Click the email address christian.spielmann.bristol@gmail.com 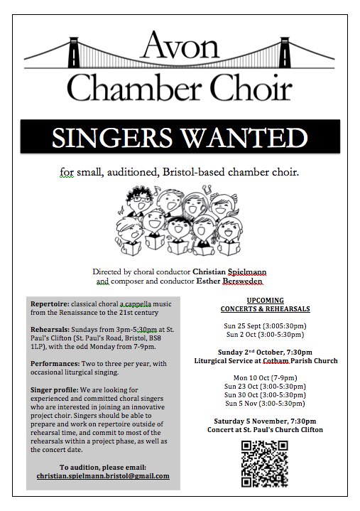pyautogui.click(x=103, y=475)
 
